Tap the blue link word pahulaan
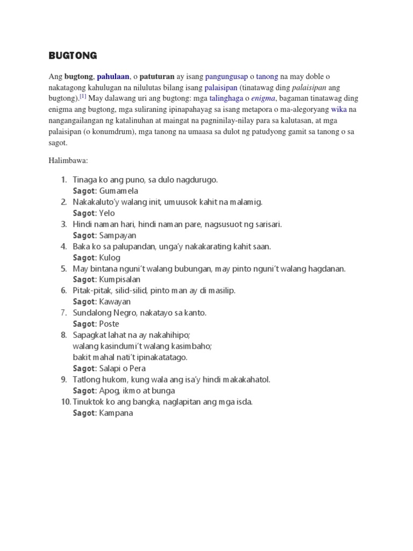point(113,77)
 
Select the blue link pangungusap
point(226,77)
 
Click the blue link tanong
point(267,77)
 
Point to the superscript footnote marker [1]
point(83,97)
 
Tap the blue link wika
point(339,109)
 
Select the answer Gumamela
point(119,190)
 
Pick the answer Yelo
point(107,213)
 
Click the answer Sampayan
point(118,235)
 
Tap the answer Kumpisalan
point(120,279)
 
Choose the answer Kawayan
point(115,301)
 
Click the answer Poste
point(109,324)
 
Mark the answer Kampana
point(116,413)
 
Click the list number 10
point(64,402)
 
